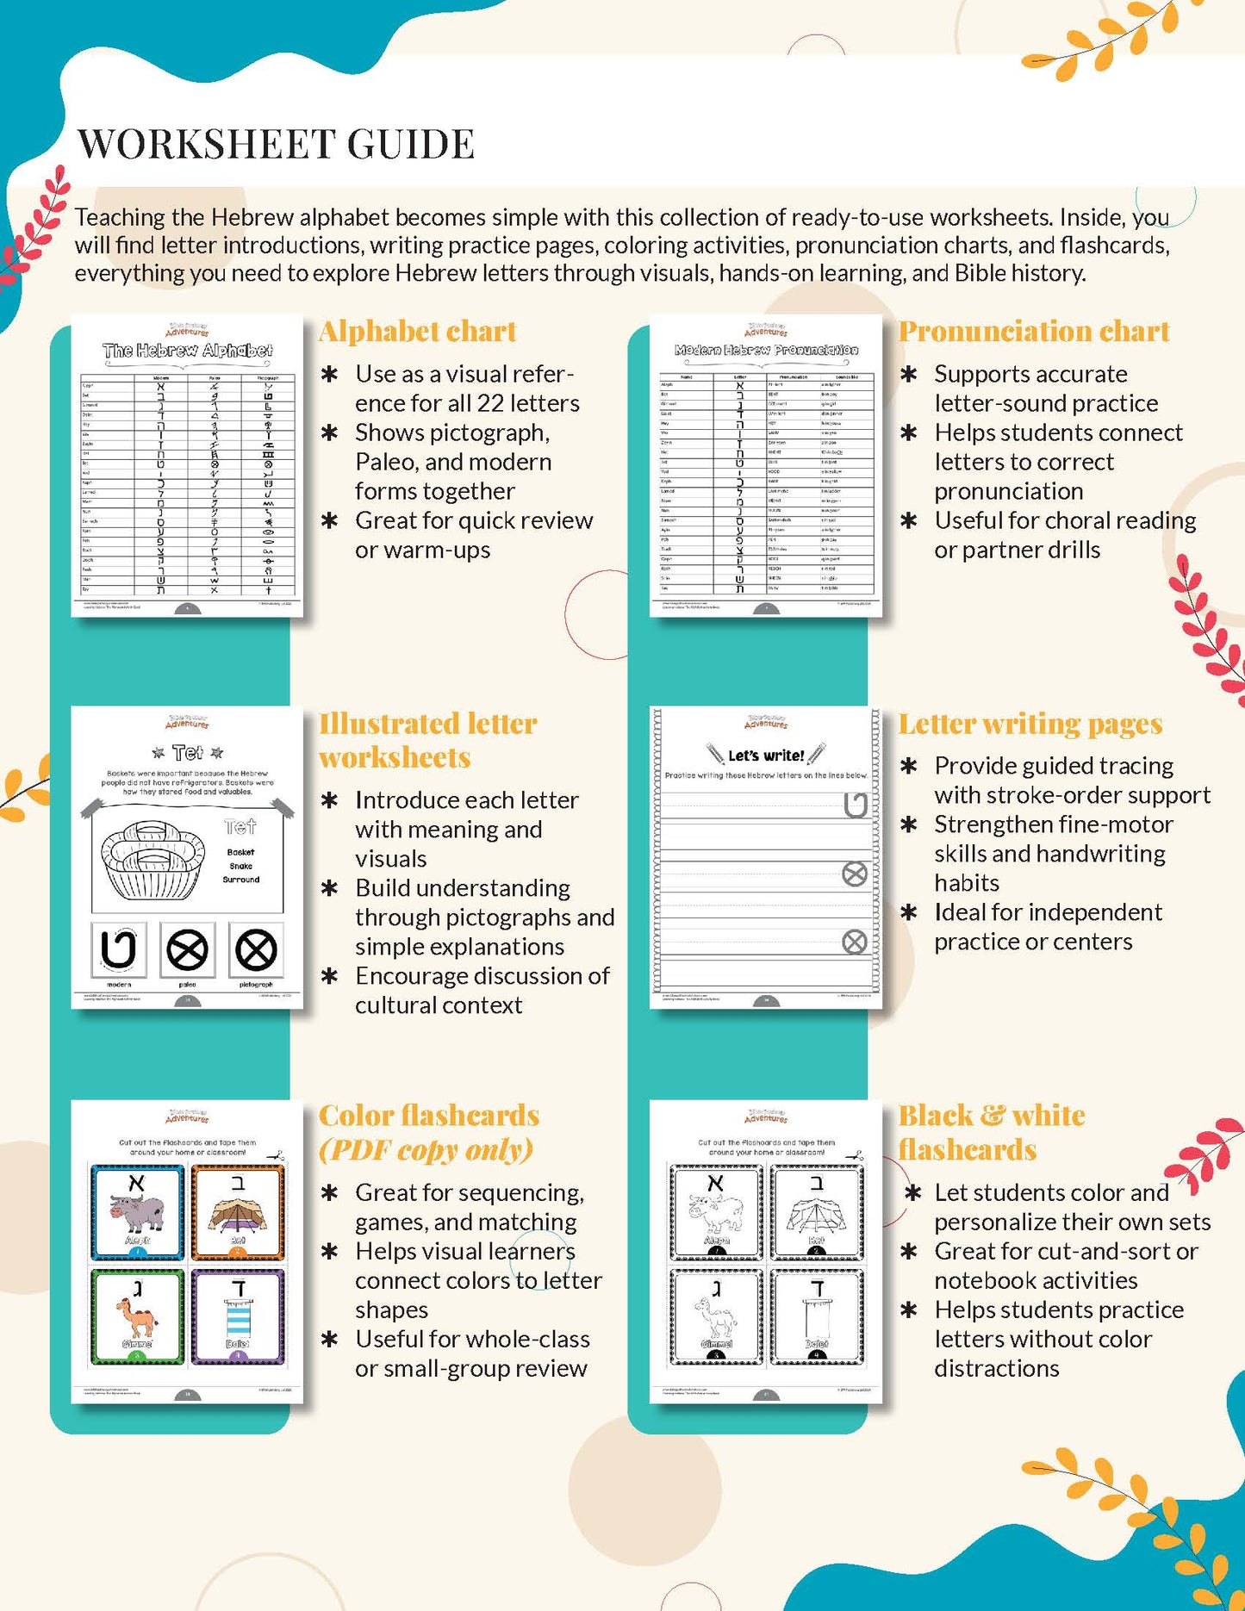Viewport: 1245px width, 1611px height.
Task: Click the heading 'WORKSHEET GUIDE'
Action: [276, 144]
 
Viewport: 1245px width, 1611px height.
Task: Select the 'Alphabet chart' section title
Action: [417, 332]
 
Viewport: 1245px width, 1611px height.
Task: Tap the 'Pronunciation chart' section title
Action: [1033, 332]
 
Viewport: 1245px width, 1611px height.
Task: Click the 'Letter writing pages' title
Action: [1030, 724]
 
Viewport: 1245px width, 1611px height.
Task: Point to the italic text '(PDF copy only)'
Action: [426, 1150]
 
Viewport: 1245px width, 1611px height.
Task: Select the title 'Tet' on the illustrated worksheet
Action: [187, 753]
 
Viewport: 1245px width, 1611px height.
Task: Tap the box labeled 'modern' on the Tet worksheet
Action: [118, 950]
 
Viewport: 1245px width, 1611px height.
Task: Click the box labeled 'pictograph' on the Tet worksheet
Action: [256, 950]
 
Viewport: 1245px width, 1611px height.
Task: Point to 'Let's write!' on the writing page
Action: [765, 756]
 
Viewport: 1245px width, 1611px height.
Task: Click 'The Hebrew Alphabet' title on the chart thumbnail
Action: [187, 351]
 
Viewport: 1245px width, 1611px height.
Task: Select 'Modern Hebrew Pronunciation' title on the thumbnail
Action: [766, 351]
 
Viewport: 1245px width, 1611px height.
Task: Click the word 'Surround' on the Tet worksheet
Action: [240, 880]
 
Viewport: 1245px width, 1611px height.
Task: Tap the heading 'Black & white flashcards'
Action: [991, 1133]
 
